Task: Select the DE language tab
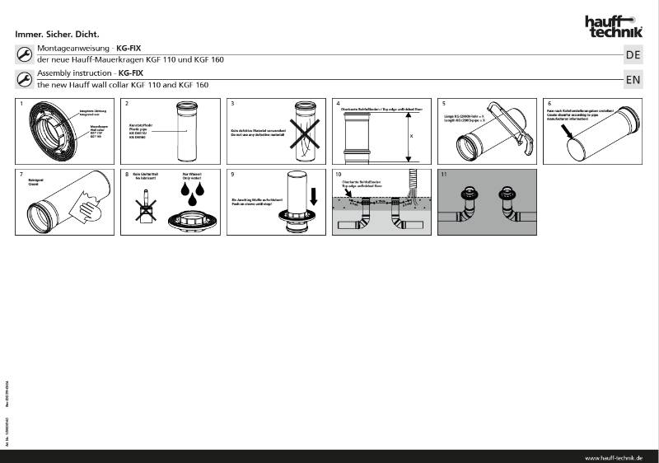[x=633, y=55]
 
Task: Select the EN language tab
[x=633, y=80]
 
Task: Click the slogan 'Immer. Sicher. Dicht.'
[x=58, y=35]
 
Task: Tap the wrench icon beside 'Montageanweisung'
[x=24, y=54]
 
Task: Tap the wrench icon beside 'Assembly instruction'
[x=24, y=79]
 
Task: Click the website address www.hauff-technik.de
[x=613, y=457]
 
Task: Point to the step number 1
[x=21, y=104]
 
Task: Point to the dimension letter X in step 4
[x=411, y=136]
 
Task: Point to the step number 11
[x=445, y=175]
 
